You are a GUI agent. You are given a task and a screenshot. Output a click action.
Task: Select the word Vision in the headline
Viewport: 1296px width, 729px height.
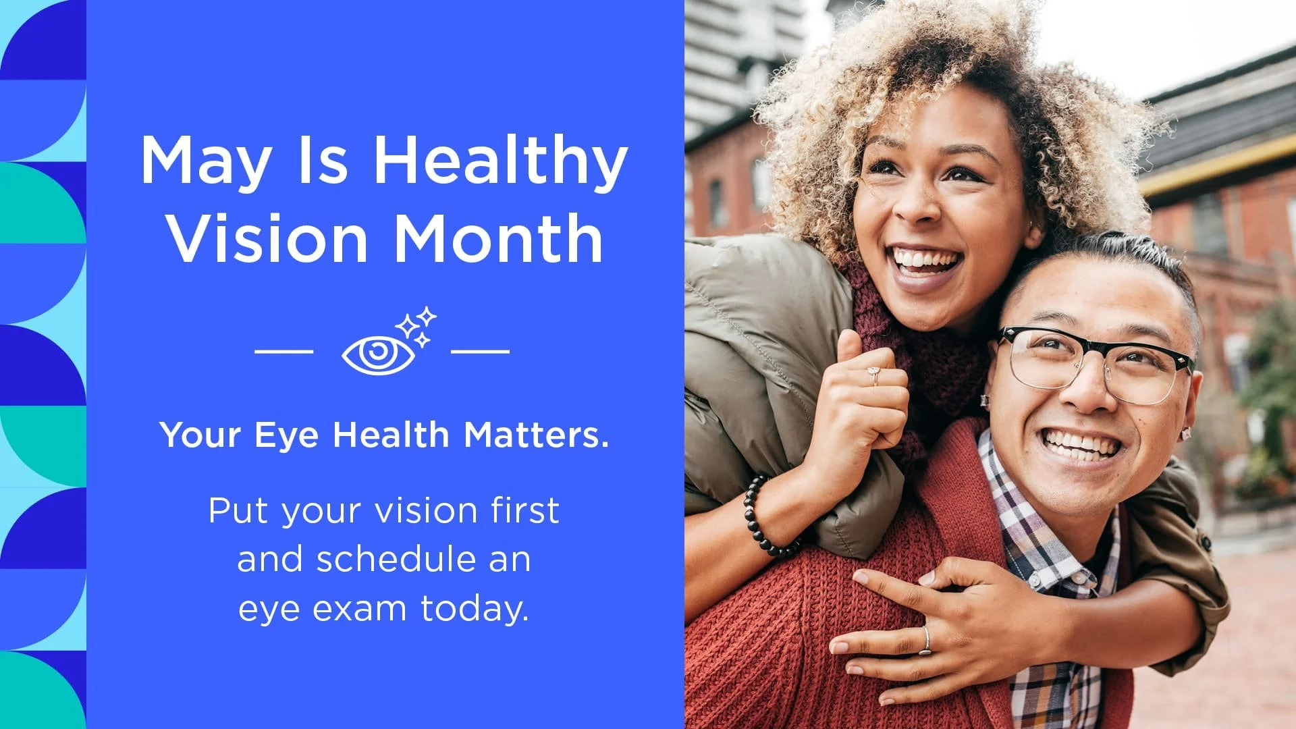click(x=267, y=238)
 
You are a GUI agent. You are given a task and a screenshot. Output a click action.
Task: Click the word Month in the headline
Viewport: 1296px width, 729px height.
click(x=498, y=238)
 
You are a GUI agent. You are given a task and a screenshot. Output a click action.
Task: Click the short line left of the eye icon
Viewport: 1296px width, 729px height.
click(x=284, y=351)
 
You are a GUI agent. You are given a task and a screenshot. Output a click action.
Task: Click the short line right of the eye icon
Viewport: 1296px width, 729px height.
click(x=480, y=351)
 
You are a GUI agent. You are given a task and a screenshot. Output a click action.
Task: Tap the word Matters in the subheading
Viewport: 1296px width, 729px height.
click(x=536, y=435)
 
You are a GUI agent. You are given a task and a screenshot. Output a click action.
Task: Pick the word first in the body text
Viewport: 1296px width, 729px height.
click(x=525, y=510)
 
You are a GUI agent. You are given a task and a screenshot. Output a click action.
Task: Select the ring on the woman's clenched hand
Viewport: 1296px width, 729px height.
click(x=874, y=373)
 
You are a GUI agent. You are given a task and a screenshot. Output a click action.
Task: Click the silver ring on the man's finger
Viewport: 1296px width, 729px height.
click(x=927, y=641)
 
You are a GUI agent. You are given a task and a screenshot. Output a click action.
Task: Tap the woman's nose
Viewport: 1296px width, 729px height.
click(x=918, y=199)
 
